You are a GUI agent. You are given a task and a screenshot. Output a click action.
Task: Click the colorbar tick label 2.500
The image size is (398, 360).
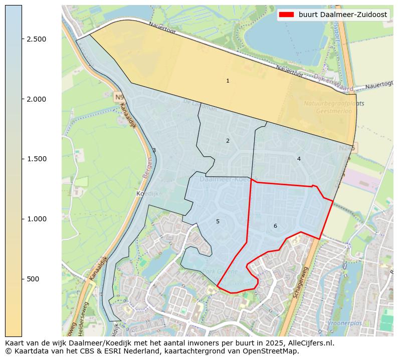click(36, 39)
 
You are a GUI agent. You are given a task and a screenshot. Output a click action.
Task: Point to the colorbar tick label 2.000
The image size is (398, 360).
click(36, 99)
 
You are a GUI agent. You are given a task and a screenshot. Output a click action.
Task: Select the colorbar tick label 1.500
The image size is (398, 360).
click(36, 159)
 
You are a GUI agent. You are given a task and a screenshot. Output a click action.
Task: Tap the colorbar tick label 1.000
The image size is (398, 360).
click(36, 219)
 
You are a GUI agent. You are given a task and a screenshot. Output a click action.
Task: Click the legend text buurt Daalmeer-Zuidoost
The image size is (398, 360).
click(342, 15)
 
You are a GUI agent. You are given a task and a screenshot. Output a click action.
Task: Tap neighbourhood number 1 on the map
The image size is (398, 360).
click(228, 81)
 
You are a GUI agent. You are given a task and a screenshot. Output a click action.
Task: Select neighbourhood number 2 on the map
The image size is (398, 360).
click(228, 141)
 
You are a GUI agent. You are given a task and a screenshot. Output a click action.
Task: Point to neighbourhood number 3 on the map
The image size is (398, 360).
click(154, 151)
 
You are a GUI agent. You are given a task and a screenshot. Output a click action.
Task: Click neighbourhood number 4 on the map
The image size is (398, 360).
click(299, 159)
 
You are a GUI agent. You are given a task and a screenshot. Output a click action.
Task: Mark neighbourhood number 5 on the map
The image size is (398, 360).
click(218, 222)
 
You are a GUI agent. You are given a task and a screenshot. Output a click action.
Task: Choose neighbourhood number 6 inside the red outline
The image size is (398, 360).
click(275, 226)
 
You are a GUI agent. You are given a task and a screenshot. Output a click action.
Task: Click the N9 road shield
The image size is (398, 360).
click(119, 97)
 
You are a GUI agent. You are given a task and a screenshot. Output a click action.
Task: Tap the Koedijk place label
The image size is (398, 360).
click(147, 193)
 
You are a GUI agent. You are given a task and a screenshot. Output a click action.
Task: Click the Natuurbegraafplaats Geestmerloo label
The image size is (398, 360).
click(334, 108)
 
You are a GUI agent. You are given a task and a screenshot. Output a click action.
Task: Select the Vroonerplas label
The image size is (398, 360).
click(344, 323)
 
